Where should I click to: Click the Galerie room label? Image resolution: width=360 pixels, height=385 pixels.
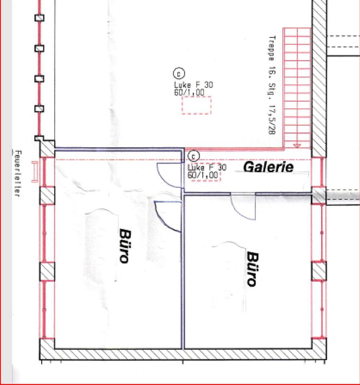[269, 167]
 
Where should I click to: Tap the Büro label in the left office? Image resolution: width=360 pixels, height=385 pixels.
[125, 246]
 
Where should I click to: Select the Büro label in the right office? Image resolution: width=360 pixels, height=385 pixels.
[253, 269]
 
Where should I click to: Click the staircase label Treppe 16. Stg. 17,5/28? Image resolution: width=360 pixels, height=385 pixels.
[272, 85]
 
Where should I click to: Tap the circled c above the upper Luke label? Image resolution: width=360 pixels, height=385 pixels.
[179, 73]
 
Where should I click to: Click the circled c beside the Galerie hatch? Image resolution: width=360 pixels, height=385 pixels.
[194, 156]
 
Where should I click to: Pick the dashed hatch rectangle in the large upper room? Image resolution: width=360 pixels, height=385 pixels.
[196, 105]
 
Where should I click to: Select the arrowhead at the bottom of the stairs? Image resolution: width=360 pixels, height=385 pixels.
[297, 146]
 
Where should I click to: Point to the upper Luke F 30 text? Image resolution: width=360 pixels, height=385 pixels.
[194, 85]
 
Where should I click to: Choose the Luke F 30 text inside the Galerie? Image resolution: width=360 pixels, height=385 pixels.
[207, 168]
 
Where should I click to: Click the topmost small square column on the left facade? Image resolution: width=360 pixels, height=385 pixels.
[39, 18]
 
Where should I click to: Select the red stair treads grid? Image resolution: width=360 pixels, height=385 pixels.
[297, 88]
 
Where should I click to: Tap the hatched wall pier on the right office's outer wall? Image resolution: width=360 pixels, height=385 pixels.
[319, 271]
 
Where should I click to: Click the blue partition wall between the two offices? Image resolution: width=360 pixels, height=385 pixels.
[183, 272]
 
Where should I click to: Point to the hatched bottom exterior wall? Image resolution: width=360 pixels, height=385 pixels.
[183, 354]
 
